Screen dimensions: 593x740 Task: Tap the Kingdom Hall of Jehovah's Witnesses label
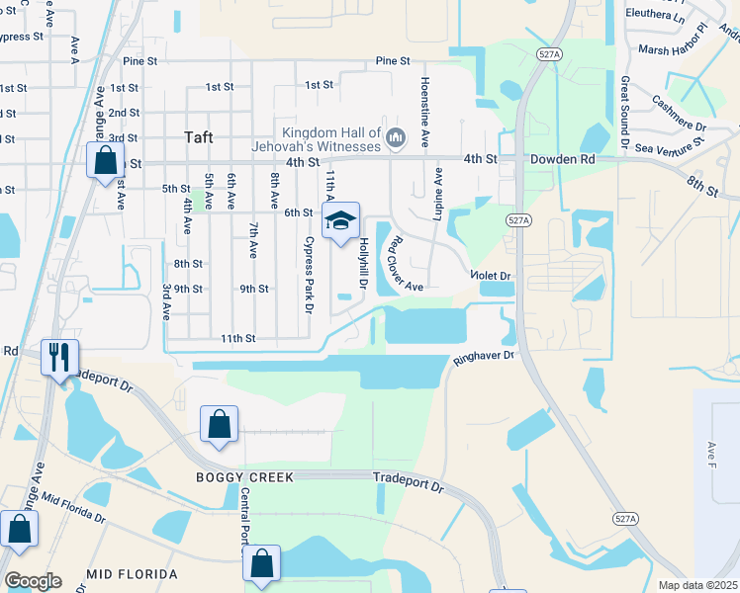click(330, 139)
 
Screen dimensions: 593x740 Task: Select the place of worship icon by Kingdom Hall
click(396, 136)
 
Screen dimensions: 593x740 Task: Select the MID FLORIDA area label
click(132, 574)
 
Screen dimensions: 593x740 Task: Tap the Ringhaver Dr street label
click(485, 356)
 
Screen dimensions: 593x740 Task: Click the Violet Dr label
click(491, 277)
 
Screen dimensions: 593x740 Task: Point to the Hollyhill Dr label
click(363, 262)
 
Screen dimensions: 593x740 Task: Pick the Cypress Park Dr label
click(308, 275)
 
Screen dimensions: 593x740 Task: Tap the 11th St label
click(238, 338)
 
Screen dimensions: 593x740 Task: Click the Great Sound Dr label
click(624, 115)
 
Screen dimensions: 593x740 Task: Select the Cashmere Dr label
click(679, 114)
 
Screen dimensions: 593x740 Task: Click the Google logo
click(33, 581)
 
